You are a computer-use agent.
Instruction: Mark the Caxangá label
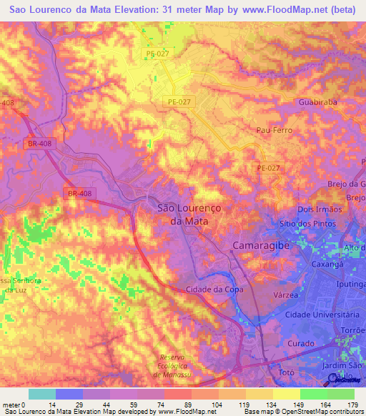(325, 264)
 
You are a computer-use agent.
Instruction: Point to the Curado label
(301, 344)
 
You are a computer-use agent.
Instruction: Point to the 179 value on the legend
(352, 404)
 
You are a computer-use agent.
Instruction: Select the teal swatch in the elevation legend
(42, 393)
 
